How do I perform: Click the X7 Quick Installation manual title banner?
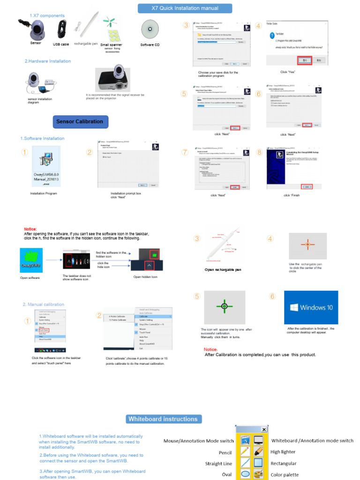pos(185,8)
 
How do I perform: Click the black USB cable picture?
pos(61,29)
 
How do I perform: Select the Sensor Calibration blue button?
pos(80,121)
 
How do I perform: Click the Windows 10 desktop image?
pos(311,307)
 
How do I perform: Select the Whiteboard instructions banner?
pos(163,419)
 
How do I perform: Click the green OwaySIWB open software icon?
pos(31,260)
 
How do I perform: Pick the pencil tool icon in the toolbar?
pos(245,451)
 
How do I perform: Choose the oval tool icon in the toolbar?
pos(245,474)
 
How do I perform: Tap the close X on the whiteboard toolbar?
pos(264,429)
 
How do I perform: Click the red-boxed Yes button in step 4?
pos(304,60)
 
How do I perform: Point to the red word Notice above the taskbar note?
pos(30,229)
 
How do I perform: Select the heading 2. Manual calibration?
pos(44,304)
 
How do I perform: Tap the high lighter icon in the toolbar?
pos(258,451)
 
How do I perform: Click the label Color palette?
pos(285,474)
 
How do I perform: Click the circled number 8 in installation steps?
pos(260,152)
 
